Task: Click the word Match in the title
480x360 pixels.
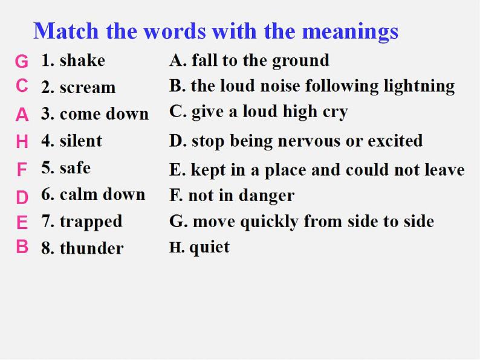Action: click(66, 31)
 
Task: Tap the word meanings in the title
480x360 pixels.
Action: click(350, 33)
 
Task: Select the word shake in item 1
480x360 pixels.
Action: click(82, 60)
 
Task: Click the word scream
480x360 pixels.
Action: click(88, 88)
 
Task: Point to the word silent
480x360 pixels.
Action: click(81, 141)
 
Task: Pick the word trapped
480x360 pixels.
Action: click(91, 222)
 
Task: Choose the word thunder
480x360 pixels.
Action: click(91, 248)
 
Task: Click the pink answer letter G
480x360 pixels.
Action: click(22, 61)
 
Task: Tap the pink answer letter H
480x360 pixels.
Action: click(22, 141)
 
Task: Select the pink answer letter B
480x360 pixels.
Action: click(22, 246)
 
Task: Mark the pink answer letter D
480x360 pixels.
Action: click(22, 198)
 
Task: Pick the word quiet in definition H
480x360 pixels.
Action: click(209, 247)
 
